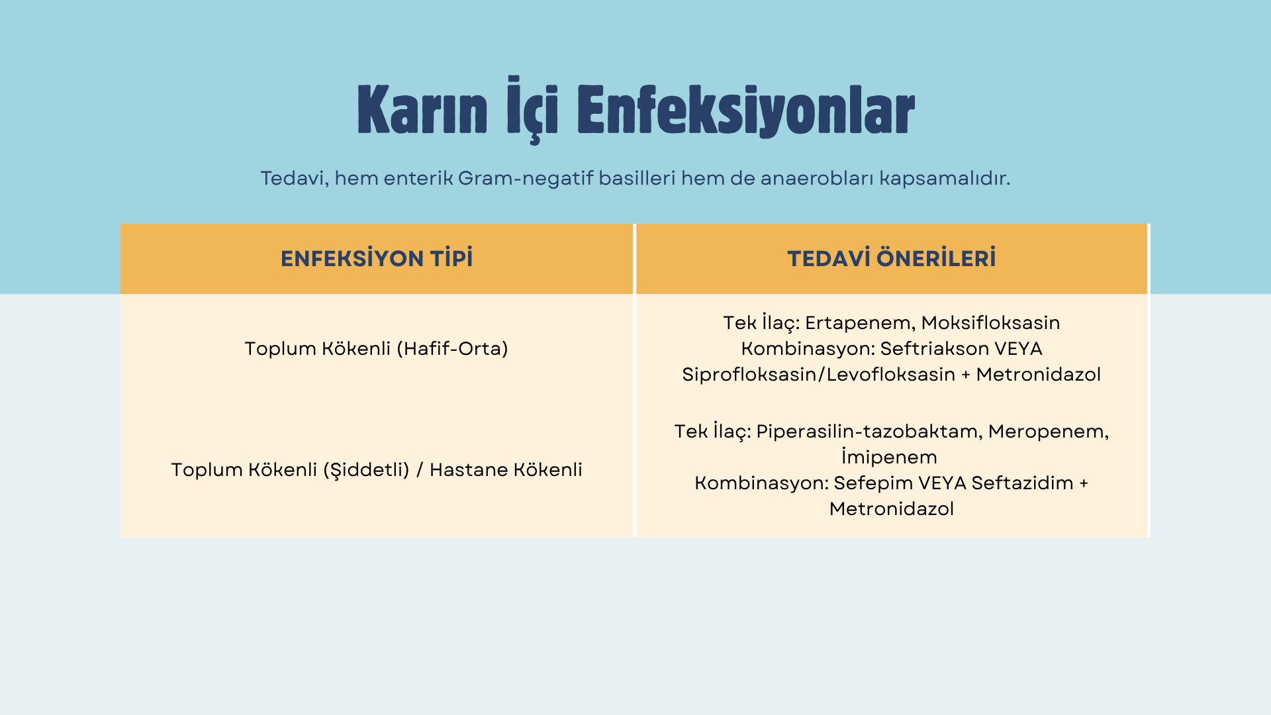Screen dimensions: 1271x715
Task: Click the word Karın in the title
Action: click(422, 110)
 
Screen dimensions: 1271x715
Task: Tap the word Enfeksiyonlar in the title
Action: click(746, 111)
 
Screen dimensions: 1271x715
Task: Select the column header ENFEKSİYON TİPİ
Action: click(377, 258)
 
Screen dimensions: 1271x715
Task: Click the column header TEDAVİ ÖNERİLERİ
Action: click(892, 258)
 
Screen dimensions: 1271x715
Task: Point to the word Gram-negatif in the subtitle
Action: click(525, 178)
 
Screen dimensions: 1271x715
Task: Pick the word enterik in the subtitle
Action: click(418, 178)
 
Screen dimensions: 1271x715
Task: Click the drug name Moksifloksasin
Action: click(990, 322)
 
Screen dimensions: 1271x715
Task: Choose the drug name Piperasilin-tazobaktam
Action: click(869, 432)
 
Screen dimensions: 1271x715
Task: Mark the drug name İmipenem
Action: click(890, 457)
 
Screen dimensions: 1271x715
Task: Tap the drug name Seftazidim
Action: click(1022, 483)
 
